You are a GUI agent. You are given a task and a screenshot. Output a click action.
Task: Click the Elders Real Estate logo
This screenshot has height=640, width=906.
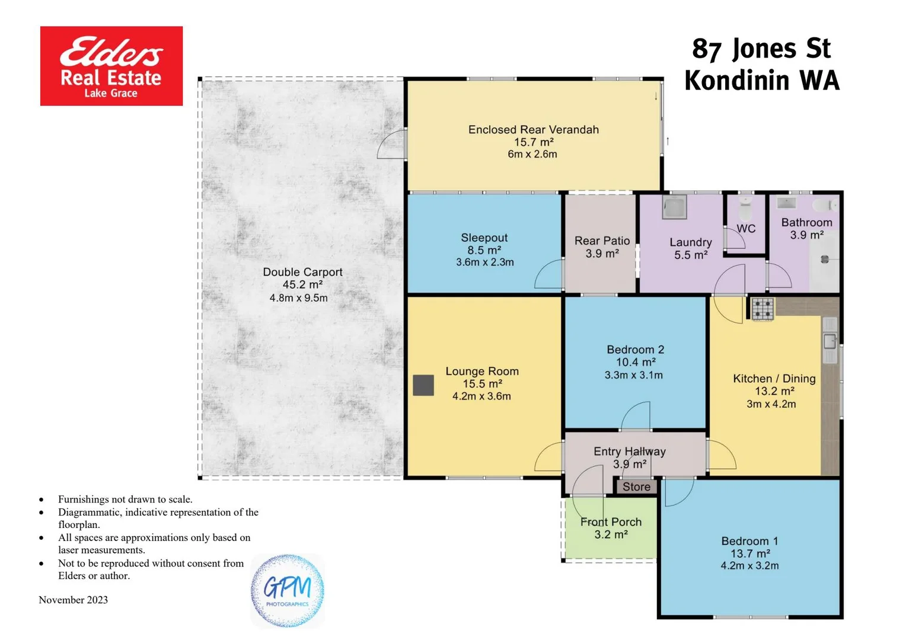(111, 66)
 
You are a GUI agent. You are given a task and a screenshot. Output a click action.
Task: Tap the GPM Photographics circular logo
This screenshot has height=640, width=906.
(288, 591)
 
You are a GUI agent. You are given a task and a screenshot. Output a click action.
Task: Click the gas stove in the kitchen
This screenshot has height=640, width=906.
(763, 309)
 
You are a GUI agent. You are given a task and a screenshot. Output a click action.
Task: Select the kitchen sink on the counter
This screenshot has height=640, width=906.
(830, 341)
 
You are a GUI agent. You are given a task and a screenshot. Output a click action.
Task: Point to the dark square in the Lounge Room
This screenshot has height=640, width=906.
(423, 385)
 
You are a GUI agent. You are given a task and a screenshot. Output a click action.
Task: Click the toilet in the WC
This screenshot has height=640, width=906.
(745, 209)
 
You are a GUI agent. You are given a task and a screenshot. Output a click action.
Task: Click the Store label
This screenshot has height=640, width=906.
(636, 487)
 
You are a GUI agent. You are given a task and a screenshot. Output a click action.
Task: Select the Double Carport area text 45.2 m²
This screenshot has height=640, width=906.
(302, 284)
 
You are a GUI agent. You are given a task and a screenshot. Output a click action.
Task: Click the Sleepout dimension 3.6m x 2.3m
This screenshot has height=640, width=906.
(484, 262)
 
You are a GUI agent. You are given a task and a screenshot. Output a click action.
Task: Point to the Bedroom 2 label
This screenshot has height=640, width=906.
(635, 350)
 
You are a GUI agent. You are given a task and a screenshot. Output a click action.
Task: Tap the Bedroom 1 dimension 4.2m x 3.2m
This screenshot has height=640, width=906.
(749, 566)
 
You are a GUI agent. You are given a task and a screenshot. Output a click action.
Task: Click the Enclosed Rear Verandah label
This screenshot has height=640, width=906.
(533, 130)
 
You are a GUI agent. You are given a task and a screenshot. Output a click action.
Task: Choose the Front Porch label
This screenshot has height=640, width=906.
(611, 521)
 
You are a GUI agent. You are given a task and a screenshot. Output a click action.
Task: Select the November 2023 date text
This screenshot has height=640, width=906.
(74, 600)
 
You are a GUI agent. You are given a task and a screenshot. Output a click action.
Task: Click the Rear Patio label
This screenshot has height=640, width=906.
(602, 241)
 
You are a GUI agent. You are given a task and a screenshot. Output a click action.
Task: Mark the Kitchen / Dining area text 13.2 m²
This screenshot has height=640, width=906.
(774, 391)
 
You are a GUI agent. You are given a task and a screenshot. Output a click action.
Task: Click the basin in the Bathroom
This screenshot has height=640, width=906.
(787, 203)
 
